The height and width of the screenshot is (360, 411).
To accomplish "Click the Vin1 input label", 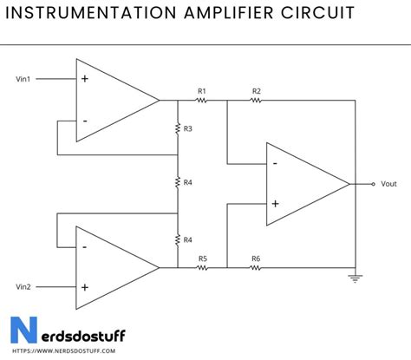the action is [x=23, y=79].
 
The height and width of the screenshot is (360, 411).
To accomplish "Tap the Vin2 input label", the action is [x=23, y=287].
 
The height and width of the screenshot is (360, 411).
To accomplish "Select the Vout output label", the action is [x=388, y=184].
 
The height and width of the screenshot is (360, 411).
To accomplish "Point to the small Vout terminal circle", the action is [x=373, y=184].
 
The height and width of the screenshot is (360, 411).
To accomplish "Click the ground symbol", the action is [x=356, y=278].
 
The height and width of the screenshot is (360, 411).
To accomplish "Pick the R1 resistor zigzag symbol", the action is [x=201, y=101].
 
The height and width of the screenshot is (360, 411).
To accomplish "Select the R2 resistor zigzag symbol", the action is [x=255, y=101].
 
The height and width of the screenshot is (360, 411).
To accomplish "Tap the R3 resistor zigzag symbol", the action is [x=178, y=128].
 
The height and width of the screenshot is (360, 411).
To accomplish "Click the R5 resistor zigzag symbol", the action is [x=202, y=268].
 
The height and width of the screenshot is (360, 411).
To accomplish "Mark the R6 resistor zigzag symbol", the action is [x=255, y=268].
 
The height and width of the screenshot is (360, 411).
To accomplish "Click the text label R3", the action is [x=188, y=128].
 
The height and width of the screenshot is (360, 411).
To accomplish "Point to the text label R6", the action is [x=256, y=259].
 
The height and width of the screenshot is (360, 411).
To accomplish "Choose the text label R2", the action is [x=257, y=91].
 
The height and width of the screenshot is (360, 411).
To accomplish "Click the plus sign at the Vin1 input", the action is [x=85, y=79].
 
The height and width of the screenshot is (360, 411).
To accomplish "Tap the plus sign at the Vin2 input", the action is [x=85, y=287].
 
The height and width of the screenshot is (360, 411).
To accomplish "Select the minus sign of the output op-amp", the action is [x=275, y=164].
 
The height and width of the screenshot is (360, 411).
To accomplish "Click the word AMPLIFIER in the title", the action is [x=229, y=13].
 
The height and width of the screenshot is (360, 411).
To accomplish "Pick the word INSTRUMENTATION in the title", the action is [x=91, y=13].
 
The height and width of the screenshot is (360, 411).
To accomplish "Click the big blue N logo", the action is [x=24, y=330].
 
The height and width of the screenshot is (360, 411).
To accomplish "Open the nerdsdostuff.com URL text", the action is [x=64, y=351].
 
